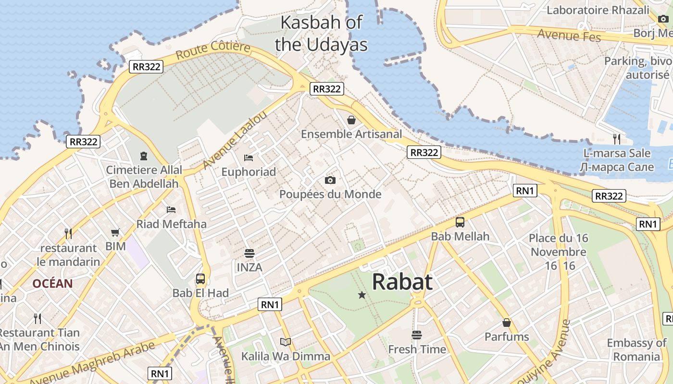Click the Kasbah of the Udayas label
pyautogui.click(x=321, y=34)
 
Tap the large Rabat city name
pyautogui.click(x=402, y=282)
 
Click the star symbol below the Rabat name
pyautogui.click(x=362, y=295)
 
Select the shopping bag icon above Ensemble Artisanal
pyautogui.click(x=351, y=120)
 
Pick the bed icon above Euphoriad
pyautogui.click(x=249, y=157)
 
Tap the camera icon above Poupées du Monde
pyautogui.click(x=330, y=180)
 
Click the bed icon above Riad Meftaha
pyautogui.click(x=171, y=209)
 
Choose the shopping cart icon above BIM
pyautogui.click(x=115, y=232)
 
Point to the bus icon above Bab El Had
pyautogui.click(x=200, y=278)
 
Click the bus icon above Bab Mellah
pyautogui.click(x=460, y=222)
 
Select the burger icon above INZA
pyautogui.click(x=249, y=252)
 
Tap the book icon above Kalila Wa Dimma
pyautogui.click(x=286, y=342)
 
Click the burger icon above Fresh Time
pyautogui.click(x=417, y=335)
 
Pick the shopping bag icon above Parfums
pyautogui.click(x=506, y=322)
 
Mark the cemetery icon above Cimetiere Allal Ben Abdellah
pyautogui.click(x=144, y=156)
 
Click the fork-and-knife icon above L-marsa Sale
pyautogui.click(x=617, y=139)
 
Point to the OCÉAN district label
pyautogui.click(x=53, y=284)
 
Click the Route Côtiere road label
pyautogui.click(x=213, y=50)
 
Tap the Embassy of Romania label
pyautogui.click(x=636, y=349)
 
